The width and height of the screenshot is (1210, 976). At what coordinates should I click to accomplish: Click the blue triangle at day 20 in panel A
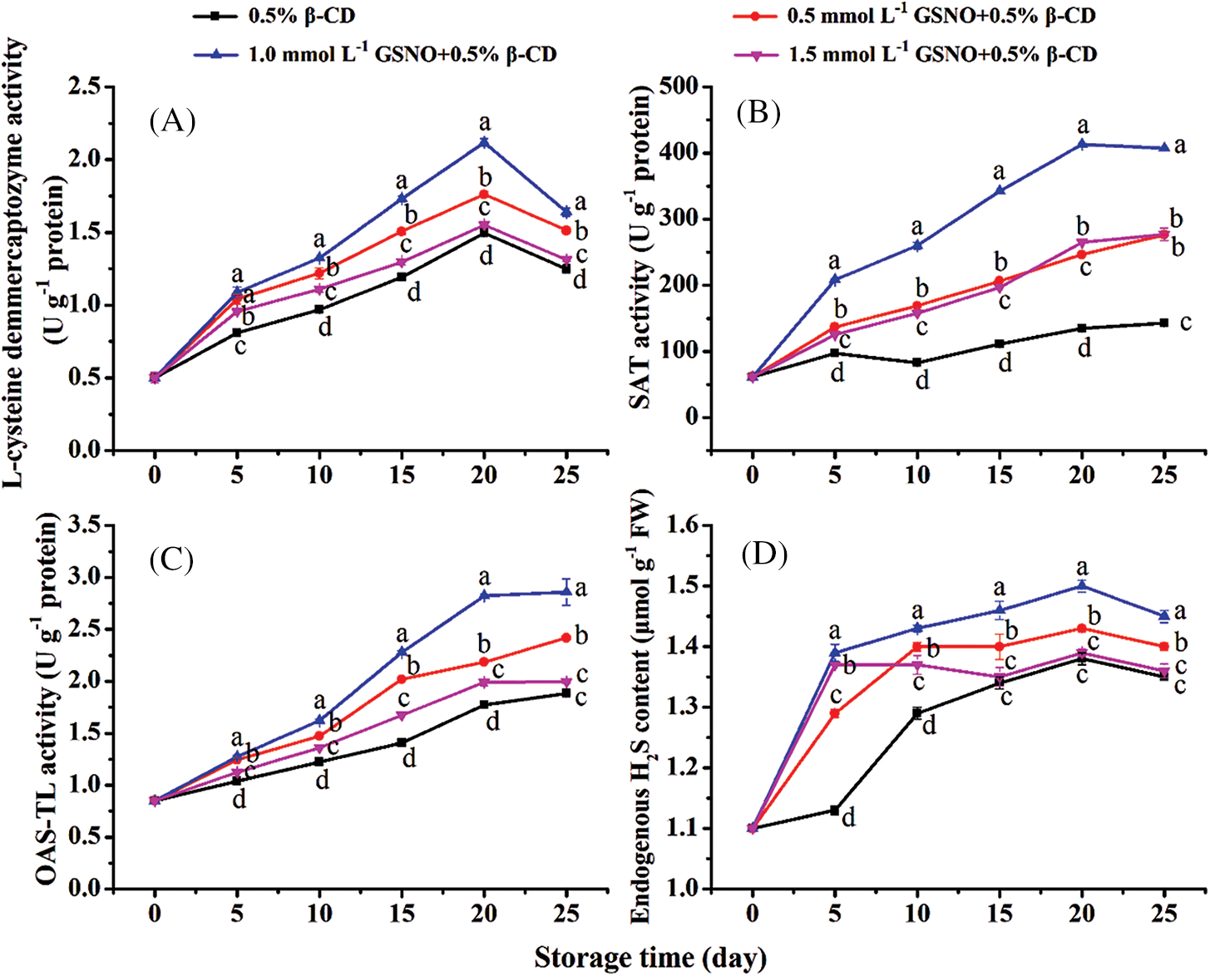pos(484,142)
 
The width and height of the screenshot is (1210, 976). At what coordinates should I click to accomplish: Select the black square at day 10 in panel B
pos(917,362)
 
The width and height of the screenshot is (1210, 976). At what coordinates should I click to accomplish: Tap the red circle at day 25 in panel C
pos(566,638)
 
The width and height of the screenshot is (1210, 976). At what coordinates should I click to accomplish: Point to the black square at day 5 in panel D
pos(835,810)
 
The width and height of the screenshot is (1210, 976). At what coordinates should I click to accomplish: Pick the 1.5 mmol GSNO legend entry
pos(916,55)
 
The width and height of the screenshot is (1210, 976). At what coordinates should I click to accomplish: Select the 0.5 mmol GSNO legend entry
pos(916,17)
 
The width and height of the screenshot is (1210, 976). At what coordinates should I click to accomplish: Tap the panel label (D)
pos(764,554)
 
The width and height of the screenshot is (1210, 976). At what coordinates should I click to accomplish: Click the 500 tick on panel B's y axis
pos(679,86)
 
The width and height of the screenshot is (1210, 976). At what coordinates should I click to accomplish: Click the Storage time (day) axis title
pos(650,958)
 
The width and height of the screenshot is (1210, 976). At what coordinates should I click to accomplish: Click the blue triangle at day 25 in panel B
pos(1164,148)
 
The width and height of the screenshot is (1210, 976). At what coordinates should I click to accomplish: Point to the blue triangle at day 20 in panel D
pos(1082,585)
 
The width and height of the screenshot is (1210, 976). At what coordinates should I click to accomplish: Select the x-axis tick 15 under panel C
pos(402,914)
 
